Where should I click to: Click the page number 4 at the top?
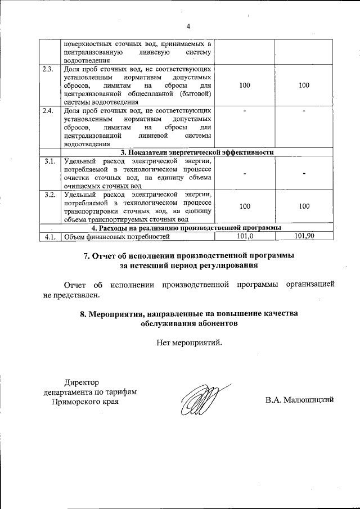pos(189,26)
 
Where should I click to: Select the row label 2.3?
pos(48,69)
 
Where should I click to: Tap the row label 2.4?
pos(48,110)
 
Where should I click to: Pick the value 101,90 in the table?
pos(304,236)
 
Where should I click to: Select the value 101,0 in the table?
pos(245,236)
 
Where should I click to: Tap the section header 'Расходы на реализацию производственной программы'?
pos(186,227)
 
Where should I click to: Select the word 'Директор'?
pos(81,382)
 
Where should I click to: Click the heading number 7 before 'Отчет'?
pos(87,255)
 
